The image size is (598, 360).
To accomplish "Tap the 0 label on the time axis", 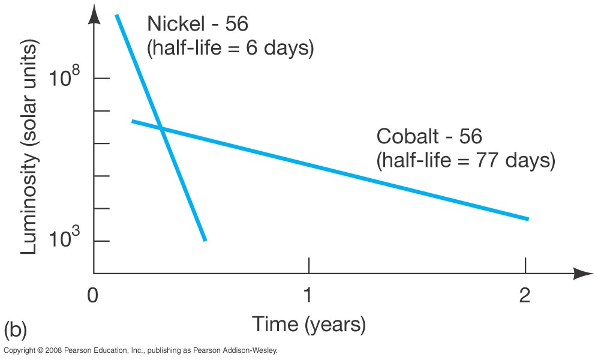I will (92, 296).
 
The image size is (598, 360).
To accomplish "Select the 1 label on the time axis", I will (308, 296).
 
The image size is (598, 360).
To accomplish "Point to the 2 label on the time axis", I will (525, 296).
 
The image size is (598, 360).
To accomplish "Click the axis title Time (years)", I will (308, 325).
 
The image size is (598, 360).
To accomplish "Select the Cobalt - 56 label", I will (429, 137).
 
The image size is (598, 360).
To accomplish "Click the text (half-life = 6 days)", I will (230, 48).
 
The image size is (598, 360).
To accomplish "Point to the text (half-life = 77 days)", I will (465, 161).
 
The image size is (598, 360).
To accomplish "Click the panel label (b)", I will (16, 330).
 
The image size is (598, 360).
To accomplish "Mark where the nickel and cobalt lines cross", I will (161, 128).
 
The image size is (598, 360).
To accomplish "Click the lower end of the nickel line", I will (205, 239).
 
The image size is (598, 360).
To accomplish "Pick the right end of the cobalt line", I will (527, 218).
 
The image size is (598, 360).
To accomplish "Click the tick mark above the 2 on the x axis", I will (525, 265).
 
